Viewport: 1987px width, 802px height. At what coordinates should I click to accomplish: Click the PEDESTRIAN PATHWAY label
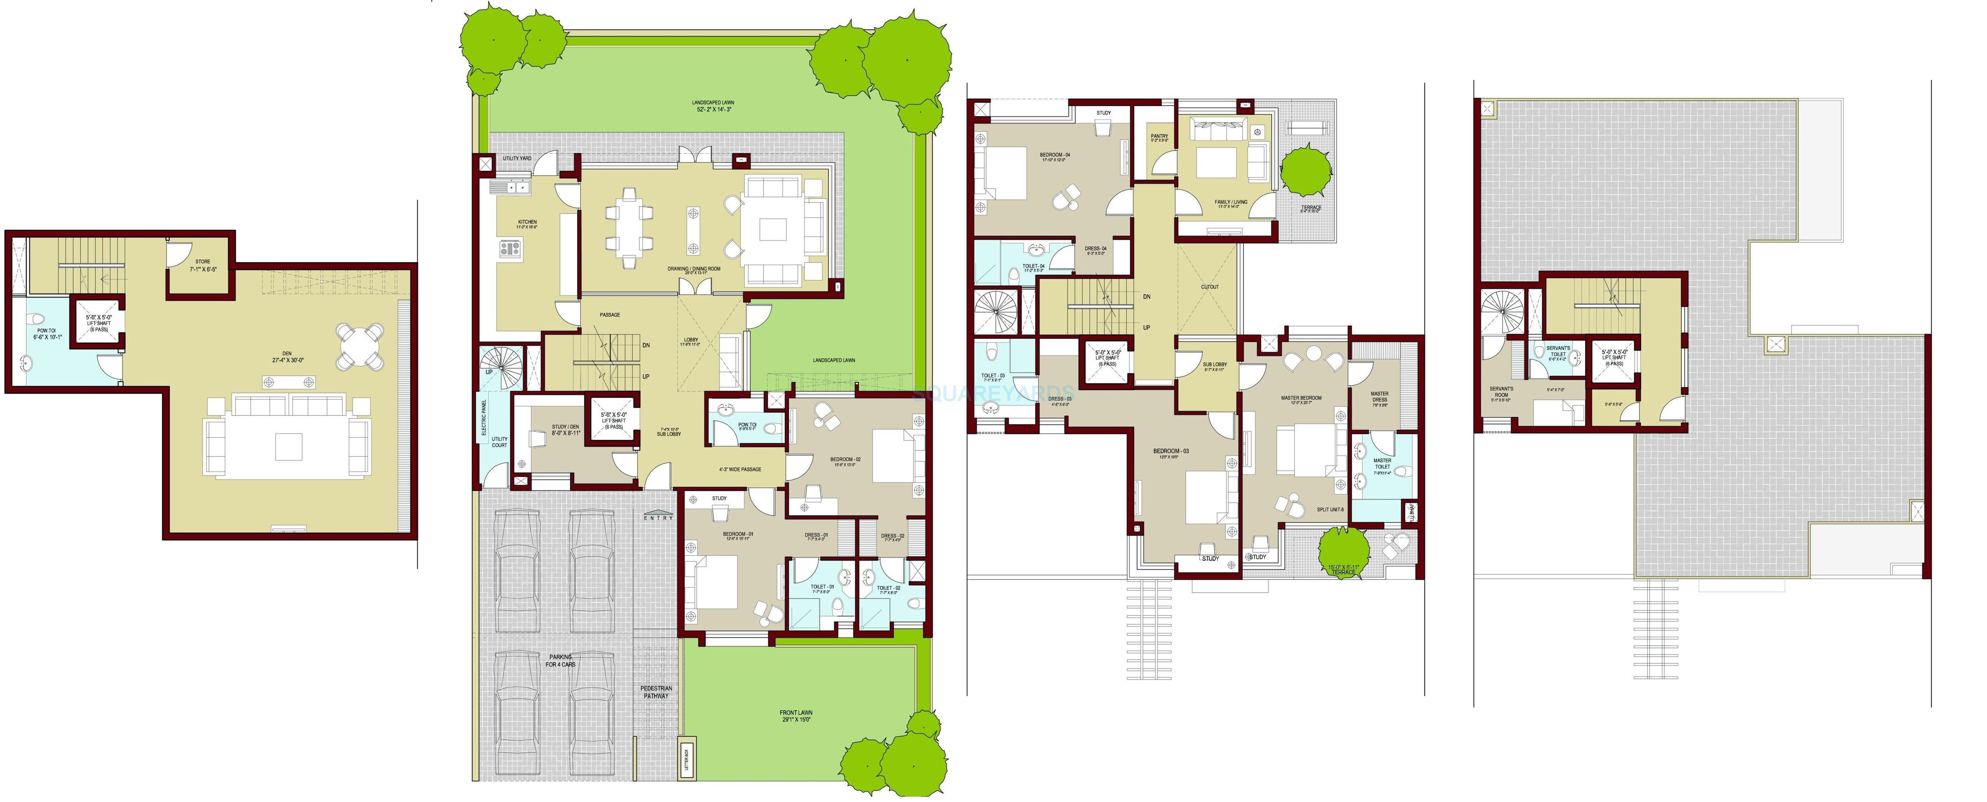[x=657, y=692]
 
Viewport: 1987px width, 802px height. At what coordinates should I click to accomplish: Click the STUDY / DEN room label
[x=566, y=429]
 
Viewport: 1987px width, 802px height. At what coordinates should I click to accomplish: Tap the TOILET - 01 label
[x=821, y=589]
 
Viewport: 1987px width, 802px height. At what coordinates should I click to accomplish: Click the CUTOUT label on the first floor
[x=1209, y=287]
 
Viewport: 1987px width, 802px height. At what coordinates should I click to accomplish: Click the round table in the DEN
[x=360, y=346]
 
